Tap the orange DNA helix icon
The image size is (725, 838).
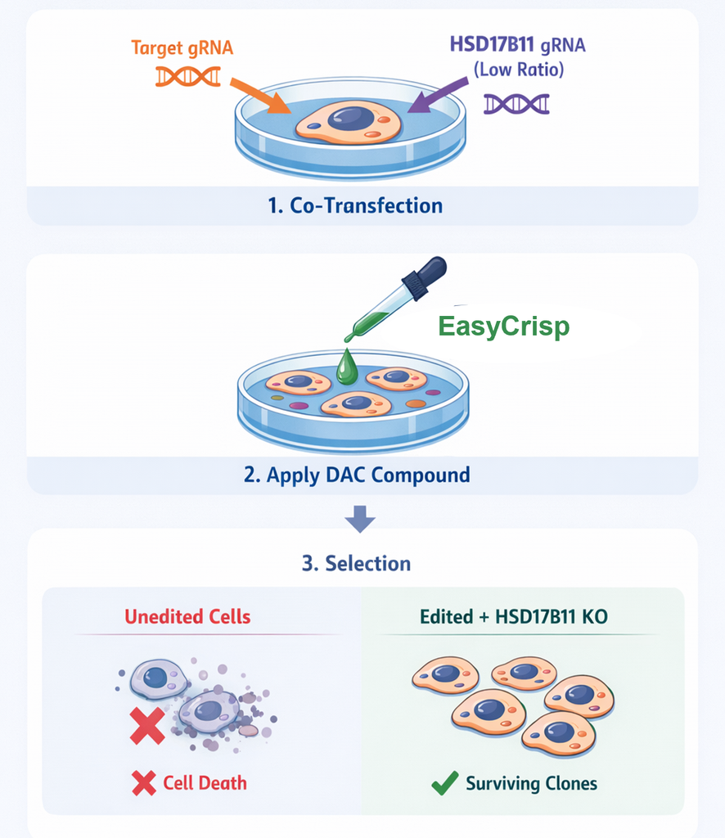click(x=187, y=76)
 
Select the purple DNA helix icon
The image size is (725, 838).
click(x=516, y=104)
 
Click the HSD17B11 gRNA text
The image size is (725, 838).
click(x=517, y=44)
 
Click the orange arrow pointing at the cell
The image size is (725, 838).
click(x=260, y=96)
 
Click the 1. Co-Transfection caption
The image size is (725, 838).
click(x=354, y=205)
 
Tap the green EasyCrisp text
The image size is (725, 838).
click(x=503, y=327)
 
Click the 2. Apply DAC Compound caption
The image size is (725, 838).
click(x=357, y=475)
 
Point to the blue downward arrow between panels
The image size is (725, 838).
click(x=359, y=518)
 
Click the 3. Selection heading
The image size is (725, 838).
click(x=357, y=563)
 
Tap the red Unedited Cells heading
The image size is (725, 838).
click(x=187, y=616)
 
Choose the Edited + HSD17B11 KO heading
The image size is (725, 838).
click(x=514, y=616)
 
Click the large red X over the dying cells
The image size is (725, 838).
click(x=147, y=727)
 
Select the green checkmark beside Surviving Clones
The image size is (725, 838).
click(x=444, y=783)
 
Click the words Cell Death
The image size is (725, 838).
click(x=204, y=782)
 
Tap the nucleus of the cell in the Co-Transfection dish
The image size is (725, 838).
click(x=351, y=118)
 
